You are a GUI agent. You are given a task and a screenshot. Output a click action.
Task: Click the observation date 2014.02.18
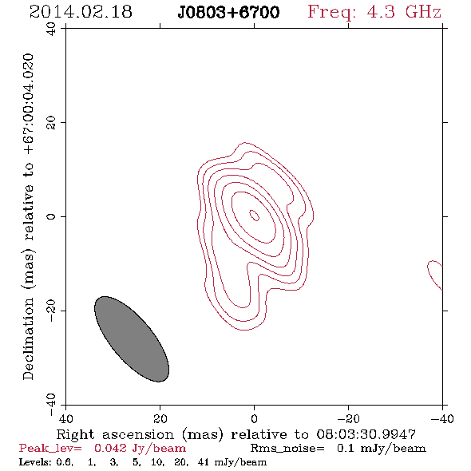coord(81,12)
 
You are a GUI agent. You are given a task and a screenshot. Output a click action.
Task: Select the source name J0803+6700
coord(228,12)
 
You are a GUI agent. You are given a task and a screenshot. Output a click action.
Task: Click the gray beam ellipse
coord(132,339)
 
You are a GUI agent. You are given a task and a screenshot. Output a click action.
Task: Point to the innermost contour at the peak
coord(255,216)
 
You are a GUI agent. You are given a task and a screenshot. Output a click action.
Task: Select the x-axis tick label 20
coord(160,418)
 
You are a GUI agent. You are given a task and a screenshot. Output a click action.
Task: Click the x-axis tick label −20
coord(348,418)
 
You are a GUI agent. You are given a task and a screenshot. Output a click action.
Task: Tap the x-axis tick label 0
coord(254,418)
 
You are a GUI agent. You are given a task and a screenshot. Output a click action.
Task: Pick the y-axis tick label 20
coord(51,123)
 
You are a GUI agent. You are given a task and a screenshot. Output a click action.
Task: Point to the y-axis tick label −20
coord(51,311)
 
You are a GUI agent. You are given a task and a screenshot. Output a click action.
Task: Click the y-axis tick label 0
coord(51,216)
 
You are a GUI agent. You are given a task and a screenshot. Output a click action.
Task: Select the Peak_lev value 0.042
coord(110,448)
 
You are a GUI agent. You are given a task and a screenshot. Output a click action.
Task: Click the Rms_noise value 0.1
coord(345,448)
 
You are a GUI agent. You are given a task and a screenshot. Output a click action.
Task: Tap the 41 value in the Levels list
coord(204,461)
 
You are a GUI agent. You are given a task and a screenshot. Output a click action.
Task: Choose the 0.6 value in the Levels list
coord(65,461)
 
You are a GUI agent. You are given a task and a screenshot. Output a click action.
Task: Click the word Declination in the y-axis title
coord(28,339)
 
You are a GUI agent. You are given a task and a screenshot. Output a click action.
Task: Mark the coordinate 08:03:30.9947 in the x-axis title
coord(366,434)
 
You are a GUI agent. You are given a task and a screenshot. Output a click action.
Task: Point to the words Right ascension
coord(115,434)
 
